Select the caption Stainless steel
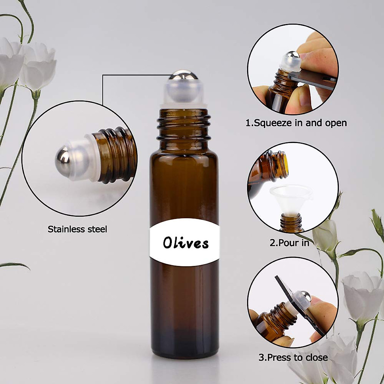77,229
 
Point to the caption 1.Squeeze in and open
296,123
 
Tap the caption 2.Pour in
289,243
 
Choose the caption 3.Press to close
293,357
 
